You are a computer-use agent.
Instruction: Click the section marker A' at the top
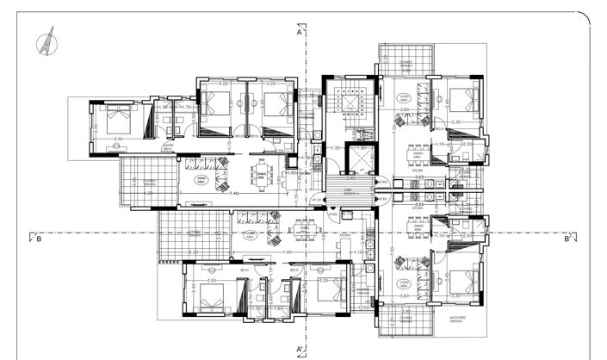(x=299, y=34)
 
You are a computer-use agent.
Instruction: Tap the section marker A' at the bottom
(x=299, y=348)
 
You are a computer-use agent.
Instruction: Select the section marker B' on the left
(x=39, y=240)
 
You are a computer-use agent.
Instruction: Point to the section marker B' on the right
(x=568, y=240)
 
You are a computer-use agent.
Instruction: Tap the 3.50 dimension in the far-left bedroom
(x=118, y=139)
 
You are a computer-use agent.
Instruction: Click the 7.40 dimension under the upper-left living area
(x=234, y=195)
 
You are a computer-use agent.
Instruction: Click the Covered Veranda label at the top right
(x=407, y=64)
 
